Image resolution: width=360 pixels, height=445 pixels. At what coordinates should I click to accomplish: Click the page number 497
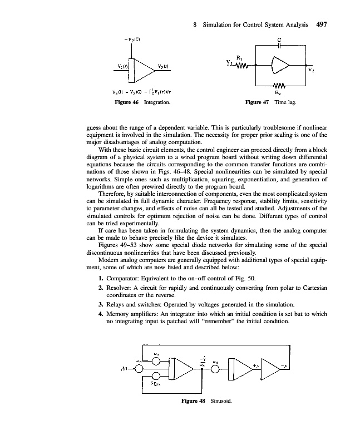coord(324,24)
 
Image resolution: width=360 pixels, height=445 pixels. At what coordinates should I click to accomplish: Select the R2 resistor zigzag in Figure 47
coord(279,86)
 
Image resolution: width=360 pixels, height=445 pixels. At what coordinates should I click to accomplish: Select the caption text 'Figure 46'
coord(127,103)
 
